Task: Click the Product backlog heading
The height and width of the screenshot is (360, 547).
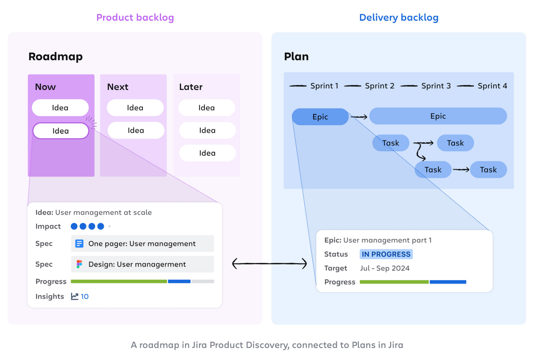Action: [135, 17]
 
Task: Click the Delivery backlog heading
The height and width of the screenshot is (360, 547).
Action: [398, 17]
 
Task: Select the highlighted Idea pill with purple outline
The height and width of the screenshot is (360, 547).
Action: [61, 131]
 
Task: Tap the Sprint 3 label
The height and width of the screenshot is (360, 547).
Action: [436, 86]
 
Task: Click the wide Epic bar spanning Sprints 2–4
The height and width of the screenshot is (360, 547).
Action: [438, 116]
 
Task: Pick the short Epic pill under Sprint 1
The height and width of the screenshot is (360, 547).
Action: [320, 117]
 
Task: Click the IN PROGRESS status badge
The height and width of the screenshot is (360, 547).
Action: [386, 254]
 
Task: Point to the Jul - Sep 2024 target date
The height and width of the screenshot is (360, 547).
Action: [384, 268]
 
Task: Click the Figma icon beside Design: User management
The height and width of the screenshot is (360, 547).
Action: [79, 264]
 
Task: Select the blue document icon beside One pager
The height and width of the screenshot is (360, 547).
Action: [79, 244]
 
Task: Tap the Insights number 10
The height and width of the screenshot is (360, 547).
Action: [85, 296]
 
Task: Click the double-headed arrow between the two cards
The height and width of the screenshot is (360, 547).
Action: [269, 264]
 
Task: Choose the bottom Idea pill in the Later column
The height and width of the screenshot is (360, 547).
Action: [207, 153]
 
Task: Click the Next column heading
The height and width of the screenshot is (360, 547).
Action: [118, 87]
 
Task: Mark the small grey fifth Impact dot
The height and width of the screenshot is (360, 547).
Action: [109, 226]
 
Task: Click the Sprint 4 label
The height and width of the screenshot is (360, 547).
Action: [492, 86]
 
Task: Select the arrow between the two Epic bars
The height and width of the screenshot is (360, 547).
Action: [359, 117]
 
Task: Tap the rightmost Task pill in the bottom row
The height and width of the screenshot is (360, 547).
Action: [488, 170]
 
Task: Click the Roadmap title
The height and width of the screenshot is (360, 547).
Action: [55, 57]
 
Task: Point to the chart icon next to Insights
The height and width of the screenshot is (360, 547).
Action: [74, 296]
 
